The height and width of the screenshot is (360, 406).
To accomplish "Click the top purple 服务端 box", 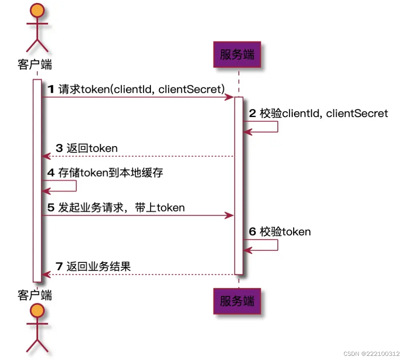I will click(237, 55).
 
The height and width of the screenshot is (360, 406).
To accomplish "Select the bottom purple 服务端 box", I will click(237, 301).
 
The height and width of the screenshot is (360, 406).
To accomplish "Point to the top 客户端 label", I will click(35, 65).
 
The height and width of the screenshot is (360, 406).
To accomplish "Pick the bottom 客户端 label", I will click(35, 295).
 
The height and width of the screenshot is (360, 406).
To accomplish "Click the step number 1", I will click(51, 89).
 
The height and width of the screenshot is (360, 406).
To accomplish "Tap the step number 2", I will click(252, 113).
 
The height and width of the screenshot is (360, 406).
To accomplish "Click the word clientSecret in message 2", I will click(357, 113).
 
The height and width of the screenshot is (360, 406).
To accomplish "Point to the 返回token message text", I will click(92, 148).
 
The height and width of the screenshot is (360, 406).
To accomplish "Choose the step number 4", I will click(51, 172).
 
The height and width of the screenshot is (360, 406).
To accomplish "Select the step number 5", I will click(51, 207).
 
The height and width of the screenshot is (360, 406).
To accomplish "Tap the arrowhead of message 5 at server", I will click(230, 216).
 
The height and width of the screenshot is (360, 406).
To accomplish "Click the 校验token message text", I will click(285, 231).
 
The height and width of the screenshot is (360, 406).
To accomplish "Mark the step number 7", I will click(59, 266).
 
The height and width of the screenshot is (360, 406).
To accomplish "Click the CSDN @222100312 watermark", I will click(371, 354).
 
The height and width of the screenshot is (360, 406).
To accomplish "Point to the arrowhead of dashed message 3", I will click(45, 156).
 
